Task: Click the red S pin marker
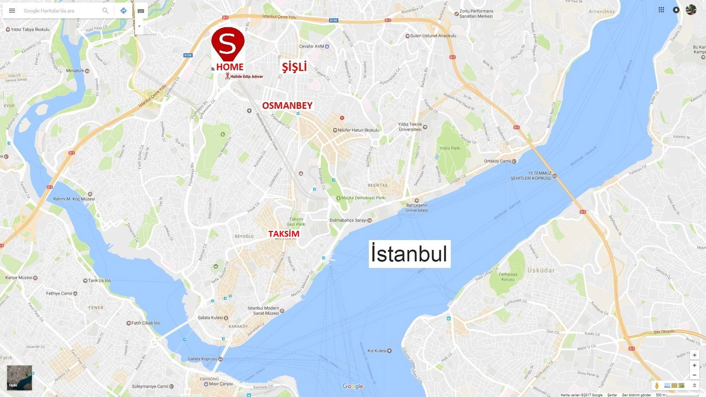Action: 228,43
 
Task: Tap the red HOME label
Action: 229,67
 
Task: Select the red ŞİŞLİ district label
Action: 294,67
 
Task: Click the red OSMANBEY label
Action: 287,105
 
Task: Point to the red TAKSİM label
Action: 284,234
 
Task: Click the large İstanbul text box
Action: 409,254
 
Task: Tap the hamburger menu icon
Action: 12,11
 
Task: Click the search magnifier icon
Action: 105,11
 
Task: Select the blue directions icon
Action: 124,11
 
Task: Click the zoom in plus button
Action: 694,365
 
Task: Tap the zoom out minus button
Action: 694,375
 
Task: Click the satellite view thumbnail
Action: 19,378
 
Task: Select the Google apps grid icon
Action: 661,10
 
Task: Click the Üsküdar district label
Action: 541,270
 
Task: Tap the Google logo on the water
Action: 353,386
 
